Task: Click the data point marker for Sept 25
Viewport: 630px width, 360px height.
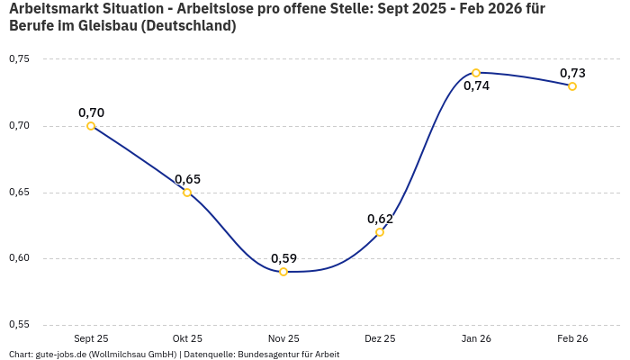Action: (x=91, y=126)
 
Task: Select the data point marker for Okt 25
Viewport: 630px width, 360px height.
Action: (x=187, y=193)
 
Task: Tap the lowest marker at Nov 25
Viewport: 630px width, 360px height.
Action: (x=283, y=272)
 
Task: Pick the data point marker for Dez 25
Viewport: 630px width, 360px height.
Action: (x=380, y=232)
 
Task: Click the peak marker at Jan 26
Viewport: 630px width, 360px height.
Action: (x=476, y=73)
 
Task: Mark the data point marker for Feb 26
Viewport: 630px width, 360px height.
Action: (x=572, y=86)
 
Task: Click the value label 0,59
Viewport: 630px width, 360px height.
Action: (x=283, y=258)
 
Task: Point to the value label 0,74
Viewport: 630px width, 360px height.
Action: (x=476, y=86)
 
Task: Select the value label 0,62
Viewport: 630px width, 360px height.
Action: (x=380, y=219)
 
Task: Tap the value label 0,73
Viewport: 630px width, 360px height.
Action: (x=572, y=73)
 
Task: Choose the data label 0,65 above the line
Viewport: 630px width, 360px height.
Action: (x=187, y=179)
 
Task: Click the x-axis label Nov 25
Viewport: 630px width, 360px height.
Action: (x=283, y=338)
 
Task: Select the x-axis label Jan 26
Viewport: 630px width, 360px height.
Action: (x=476, y=338)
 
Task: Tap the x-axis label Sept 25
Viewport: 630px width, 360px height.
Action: (x=91, y=338)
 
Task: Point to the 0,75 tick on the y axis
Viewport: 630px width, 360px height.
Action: (x=19, y=59)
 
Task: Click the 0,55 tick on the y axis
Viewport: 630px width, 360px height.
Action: (x=19, y=325)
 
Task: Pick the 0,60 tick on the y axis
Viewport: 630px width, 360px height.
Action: (x=19, y=258)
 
